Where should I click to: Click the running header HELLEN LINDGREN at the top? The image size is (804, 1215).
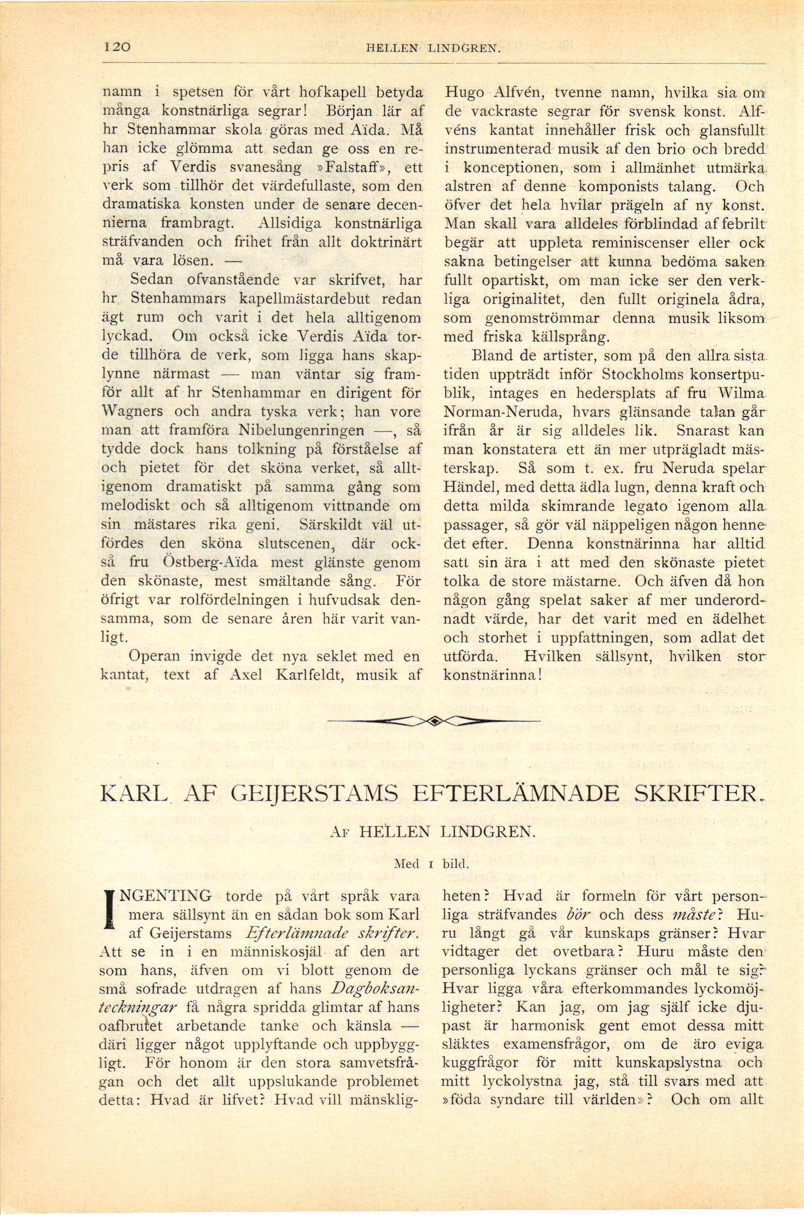pyautogui.click(x=433, y=49)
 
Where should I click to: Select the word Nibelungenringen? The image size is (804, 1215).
pyautogui.click(x=302, y=430)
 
